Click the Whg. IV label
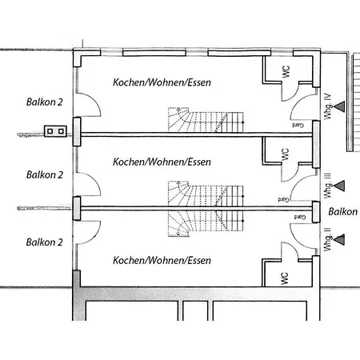[x=328, y=106]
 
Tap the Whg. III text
[x=328, y=186]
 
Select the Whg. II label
[x=328, y=239]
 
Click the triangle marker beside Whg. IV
[x=339, y=106]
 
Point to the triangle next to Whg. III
[x=339, y=186]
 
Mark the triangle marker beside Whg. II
[x=339, y=239]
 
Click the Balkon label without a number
[x=343, y=212]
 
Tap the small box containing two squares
[x=55, y=131]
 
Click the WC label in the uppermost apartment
[x=286, y=72]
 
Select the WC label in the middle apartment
[x=285, y=154]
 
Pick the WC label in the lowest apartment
[x=285, y=278]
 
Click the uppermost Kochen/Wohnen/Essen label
[x=162, y=82]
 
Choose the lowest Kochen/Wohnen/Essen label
[x=162, y=260]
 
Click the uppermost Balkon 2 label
[x=45, y=102]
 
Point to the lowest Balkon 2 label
[x=45, y=242]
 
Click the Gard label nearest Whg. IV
[x=298, y=125]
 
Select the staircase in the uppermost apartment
[x=206, y=120]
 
